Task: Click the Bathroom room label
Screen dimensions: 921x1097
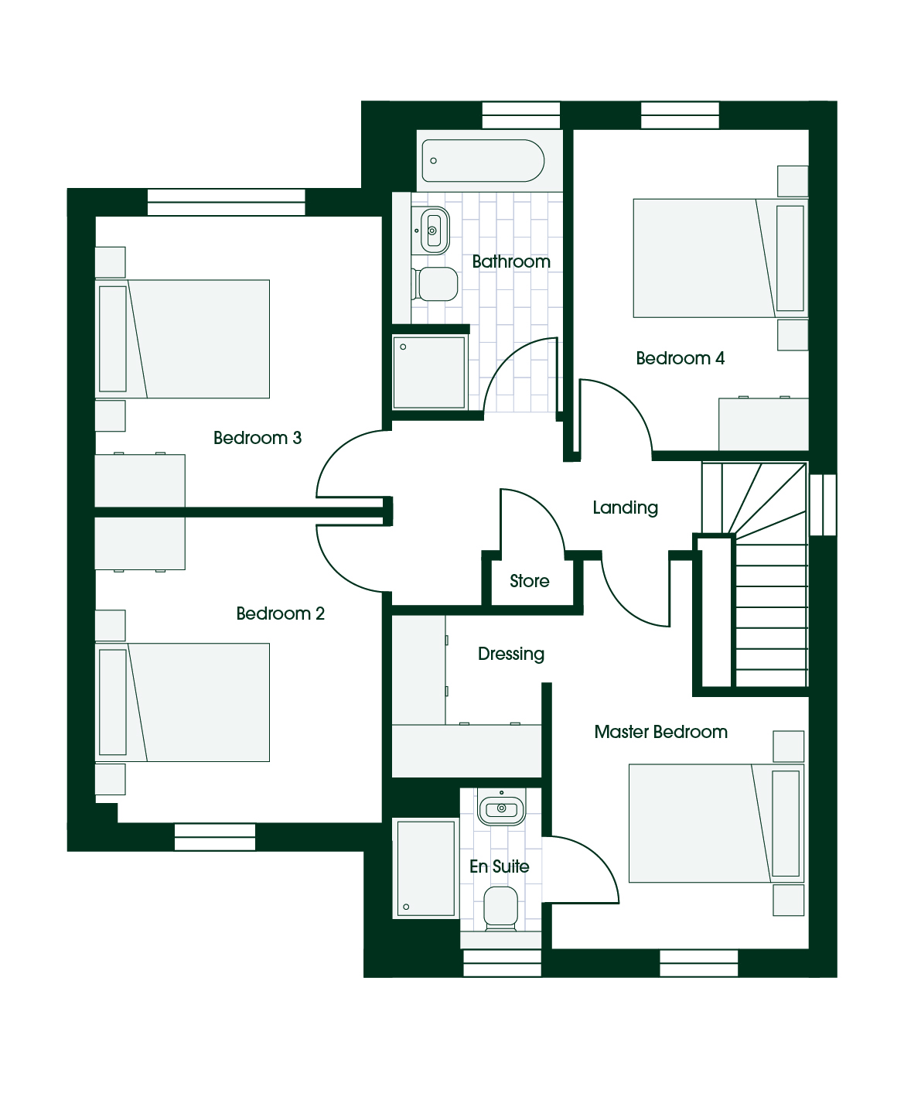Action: tap(511, 261)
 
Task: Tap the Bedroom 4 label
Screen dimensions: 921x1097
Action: tap(680, 357)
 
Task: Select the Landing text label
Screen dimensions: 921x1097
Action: tap(625, 507)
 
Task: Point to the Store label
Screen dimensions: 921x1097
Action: tap(529, 580)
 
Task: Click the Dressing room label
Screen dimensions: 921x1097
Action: tap(511, 654)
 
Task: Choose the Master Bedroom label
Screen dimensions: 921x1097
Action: tap(660, 731)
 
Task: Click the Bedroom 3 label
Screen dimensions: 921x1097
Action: tap(258, 438)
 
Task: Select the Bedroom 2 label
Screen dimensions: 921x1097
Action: tap(281, 613)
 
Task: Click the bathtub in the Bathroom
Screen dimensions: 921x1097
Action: tap(483, 160)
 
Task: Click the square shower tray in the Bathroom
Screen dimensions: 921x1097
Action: tap(428, 372)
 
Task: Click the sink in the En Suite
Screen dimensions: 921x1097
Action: tap(501, 808)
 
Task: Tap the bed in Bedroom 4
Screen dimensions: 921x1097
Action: tap(721, 258)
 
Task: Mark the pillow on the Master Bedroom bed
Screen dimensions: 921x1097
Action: tap(786, 823)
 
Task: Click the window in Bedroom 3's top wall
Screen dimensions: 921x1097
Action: tap(226, 202)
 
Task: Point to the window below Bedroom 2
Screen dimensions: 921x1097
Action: tap(215, 837)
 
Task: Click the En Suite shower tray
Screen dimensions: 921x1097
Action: tap(425, 869)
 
